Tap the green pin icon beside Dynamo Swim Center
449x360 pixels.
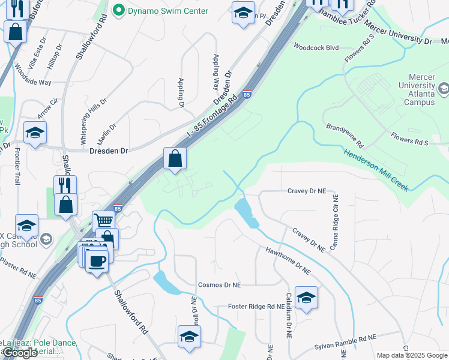click(118, 10)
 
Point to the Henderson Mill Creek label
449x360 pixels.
click(376, 170)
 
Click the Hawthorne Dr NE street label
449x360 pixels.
click(288, 262)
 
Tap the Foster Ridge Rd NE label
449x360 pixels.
click(256, 307)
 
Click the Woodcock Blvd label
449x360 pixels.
click(316, 47)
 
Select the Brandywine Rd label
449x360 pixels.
click(345, 136)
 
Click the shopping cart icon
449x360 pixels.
click(103, 220)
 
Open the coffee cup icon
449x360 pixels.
click(96, 260)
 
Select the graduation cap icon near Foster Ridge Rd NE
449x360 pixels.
click(306, 298)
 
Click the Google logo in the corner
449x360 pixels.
click(20, 353)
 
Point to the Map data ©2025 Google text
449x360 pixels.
click(411, 355)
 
